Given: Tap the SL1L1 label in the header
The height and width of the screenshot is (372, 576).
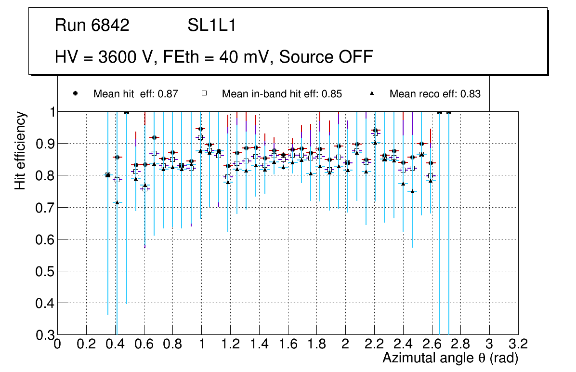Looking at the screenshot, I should point(212,26).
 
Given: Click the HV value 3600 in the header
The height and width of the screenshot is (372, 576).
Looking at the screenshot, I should point(117,57).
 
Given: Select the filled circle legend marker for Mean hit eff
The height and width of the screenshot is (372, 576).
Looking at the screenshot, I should point(75,93).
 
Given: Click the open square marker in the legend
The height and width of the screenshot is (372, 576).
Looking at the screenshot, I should point(204,93).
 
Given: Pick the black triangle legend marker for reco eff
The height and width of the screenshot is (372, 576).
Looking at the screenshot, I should point(371,93).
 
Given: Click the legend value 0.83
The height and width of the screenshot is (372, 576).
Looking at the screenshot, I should point(470,94).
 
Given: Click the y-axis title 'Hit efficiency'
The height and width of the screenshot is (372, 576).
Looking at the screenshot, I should point(20,150).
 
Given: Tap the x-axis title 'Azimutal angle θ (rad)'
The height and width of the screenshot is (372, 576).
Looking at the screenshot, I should point(450,358).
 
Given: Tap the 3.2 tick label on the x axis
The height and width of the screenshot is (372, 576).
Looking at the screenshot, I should point(518,344).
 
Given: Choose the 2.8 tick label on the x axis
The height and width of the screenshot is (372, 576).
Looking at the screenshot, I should point(460,344).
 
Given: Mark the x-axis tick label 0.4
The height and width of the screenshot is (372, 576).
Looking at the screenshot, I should point(115,344).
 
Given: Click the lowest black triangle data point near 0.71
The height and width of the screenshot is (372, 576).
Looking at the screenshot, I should point(117,202).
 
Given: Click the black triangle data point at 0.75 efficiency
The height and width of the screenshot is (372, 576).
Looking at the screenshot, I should point(412,191).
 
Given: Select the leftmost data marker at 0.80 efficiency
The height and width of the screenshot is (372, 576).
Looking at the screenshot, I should point(108,175).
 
